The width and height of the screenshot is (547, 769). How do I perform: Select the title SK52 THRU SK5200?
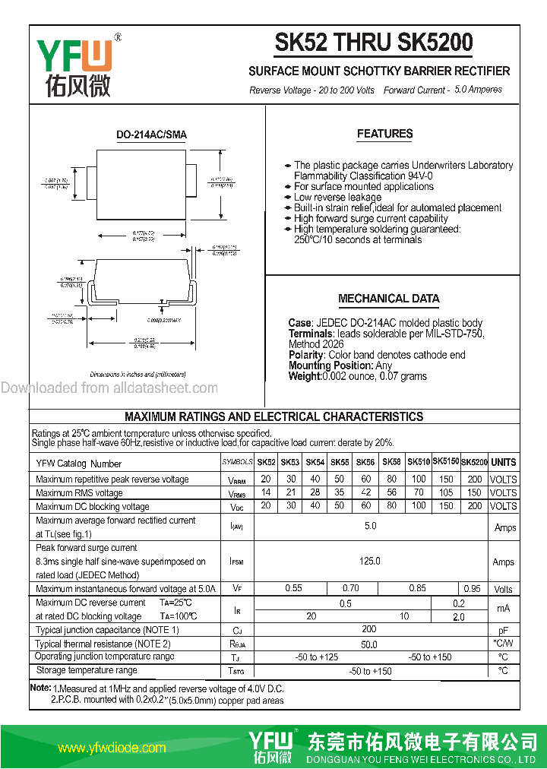point(373,43)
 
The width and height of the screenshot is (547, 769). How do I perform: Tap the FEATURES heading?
point(384,134)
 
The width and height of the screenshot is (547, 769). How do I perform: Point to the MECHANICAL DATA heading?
point(388,299)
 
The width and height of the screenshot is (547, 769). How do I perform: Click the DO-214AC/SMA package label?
point(151,134)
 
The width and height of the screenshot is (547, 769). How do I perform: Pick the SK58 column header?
point(391,462)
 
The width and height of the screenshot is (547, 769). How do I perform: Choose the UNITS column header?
point(503,462)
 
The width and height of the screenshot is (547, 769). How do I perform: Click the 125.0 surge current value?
point(369,562)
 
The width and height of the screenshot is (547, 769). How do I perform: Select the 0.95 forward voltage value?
point(472,589)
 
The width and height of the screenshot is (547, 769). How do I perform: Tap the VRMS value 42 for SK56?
point(365,492)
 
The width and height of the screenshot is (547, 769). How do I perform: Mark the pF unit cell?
point(503,630)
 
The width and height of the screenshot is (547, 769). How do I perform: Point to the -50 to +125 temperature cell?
point(317,657)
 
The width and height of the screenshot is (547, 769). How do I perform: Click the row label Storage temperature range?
point(87,670)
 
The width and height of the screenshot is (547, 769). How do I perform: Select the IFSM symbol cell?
point(237,562)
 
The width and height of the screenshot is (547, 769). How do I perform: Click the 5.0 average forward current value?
point(370,526)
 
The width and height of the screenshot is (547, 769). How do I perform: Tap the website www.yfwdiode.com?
point(111,748)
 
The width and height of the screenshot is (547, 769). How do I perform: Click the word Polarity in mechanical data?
point(306,355)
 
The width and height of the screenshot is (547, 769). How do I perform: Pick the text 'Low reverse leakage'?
point(337,197)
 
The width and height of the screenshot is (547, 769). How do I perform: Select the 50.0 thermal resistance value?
point(368,644)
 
